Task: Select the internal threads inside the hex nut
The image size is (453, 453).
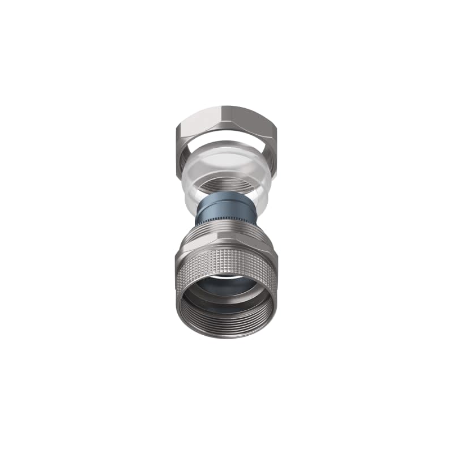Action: tap(226, 184)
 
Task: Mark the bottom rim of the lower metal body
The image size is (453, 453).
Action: tap(226, 337)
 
